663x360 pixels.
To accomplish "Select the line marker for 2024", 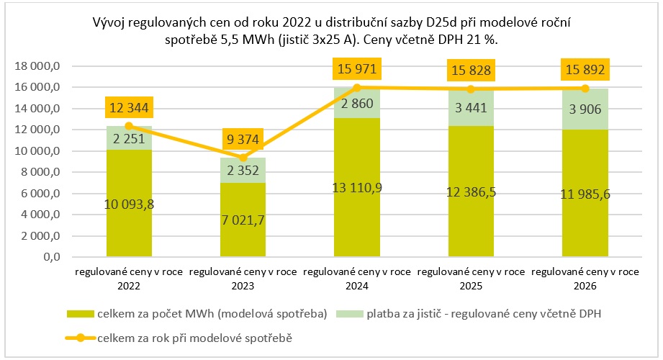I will [358, 87].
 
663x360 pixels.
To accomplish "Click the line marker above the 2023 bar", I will [244, 158].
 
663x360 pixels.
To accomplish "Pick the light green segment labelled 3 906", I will [585, 109].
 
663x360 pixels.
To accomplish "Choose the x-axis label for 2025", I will [471, 279].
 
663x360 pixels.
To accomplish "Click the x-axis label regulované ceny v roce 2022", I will [130, 279].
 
